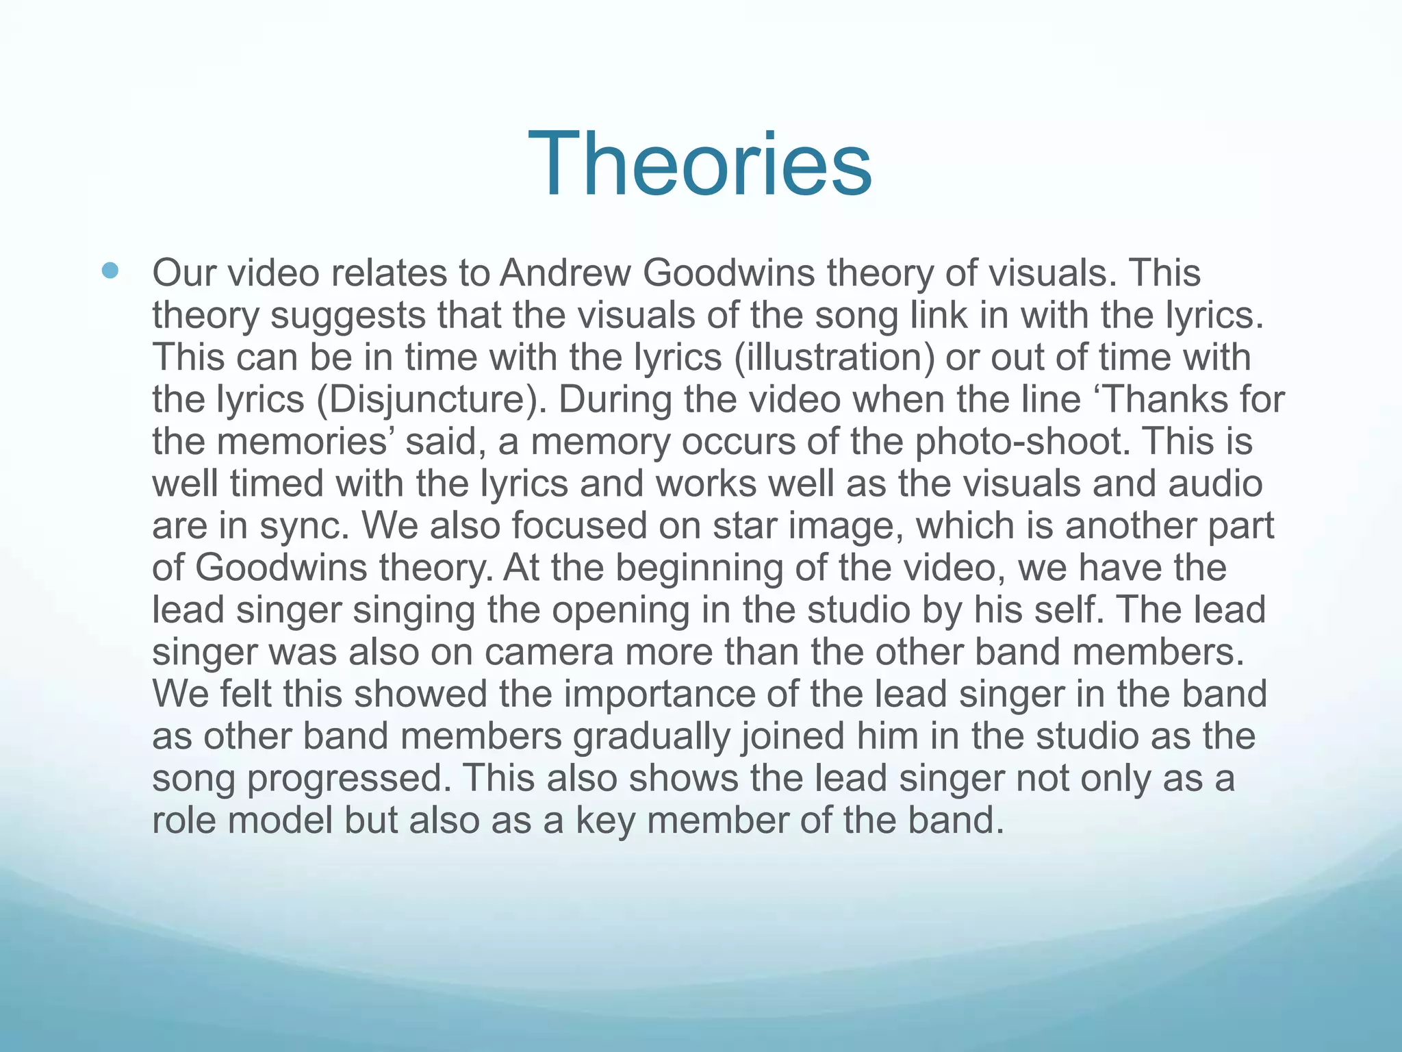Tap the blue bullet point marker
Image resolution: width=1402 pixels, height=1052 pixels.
110,271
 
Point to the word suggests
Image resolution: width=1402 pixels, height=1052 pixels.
348,315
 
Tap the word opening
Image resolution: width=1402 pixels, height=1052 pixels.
621,610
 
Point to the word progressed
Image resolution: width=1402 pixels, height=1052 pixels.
349,779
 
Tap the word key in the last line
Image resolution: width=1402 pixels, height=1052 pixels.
606,821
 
